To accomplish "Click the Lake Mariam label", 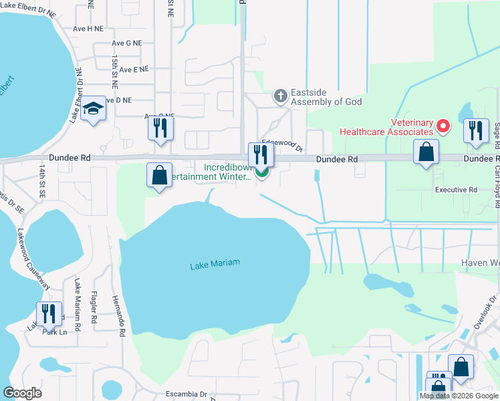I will [x=215, y=265].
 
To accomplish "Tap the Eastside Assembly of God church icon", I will [x=281, y=96].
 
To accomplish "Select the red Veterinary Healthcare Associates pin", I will [x=442, y=126].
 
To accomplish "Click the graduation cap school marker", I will [x=94, y=110].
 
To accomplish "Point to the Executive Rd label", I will [x=456, y=190].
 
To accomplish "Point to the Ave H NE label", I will [x=88, y=29].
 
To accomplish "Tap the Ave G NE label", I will [x=127, y=43].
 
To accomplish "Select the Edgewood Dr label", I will [x=282, y=144].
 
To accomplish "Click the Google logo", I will [x=22, y=393].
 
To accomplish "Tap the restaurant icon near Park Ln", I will [x=49, y=313].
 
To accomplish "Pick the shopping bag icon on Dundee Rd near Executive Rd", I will [x=426, y=152].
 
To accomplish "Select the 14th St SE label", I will [x=42, y=182].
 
